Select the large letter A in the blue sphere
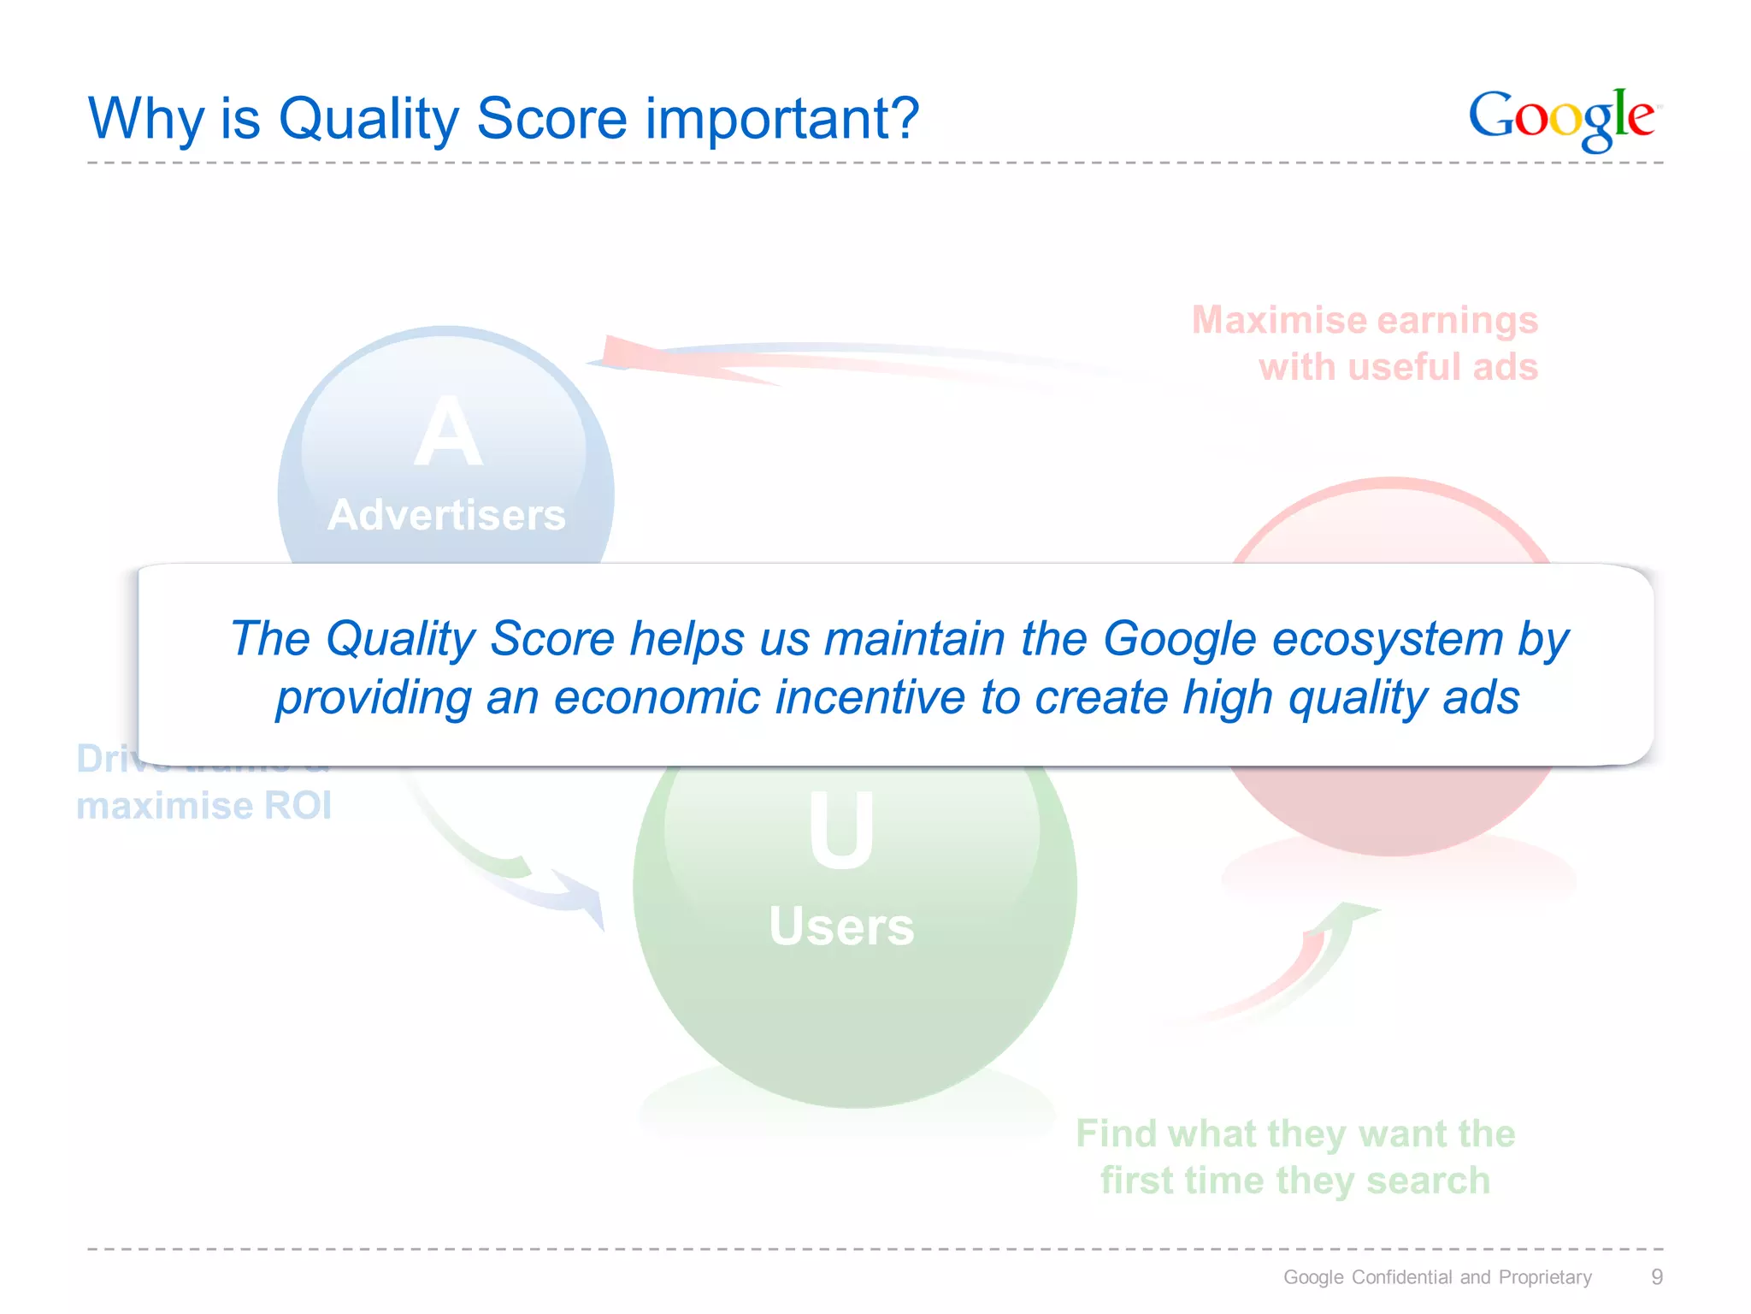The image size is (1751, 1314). (x=447, y=435)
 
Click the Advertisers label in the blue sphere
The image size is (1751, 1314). (x=446, y=515)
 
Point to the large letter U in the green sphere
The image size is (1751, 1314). (x=841, y=830)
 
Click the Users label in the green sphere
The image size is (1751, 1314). (x=841, y=926)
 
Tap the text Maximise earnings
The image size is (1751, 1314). (x=1365, y=320)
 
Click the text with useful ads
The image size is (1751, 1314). (x=1398, y=367)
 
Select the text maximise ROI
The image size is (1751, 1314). (x=203, y=806)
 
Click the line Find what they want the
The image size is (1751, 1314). (x=1295, y=1133)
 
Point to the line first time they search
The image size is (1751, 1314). (x=1295, y=1181)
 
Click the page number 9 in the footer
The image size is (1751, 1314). (x=1656, y=1277)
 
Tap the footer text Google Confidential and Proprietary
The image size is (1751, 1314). (x=1437, y=1277)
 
